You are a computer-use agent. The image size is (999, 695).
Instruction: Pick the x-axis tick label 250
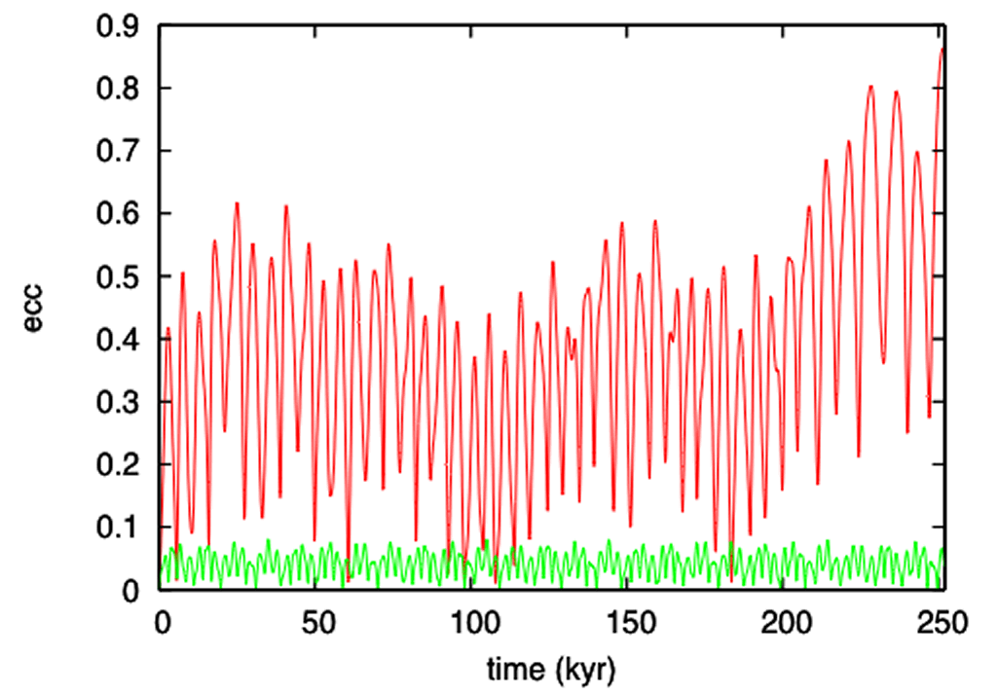942,622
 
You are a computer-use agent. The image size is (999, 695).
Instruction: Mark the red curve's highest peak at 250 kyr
942,49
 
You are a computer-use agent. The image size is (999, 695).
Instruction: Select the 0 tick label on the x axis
162,622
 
